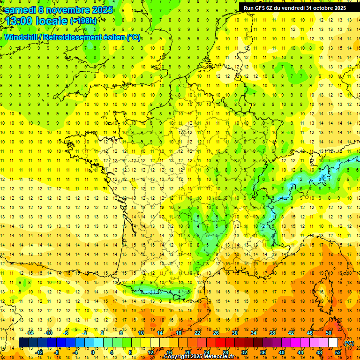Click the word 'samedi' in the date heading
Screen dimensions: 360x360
click(x=20, y=9)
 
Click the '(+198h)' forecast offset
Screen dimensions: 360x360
click(x=83, y=21)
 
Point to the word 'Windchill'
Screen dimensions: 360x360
click(x=22, y=37)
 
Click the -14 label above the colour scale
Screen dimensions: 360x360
click(x=30, y=333)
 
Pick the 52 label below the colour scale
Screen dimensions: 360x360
click(x=338, y=352)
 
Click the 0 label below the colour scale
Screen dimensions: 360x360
click(x=92, y=352)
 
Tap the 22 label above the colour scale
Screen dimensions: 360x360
click(x=197, y=333)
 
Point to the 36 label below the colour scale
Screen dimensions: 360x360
click(x=263, y=352)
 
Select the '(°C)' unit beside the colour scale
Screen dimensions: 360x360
click(x=349, y=343)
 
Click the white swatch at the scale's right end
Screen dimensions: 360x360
click(x=333, y=343)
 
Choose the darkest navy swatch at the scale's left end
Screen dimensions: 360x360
click(x=23, y=343)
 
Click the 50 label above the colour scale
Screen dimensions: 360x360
click(x=329, y=333)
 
